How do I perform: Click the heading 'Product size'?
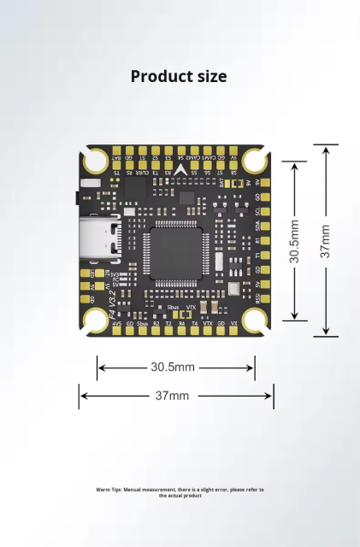point(179,76)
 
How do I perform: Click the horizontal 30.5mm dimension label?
point(173,368)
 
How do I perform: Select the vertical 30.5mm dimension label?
point(294,241)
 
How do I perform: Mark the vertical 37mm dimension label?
point(325,241)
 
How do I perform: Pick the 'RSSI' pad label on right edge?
point(257,297)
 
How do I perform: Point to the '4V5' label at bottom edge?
point(116,324)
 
